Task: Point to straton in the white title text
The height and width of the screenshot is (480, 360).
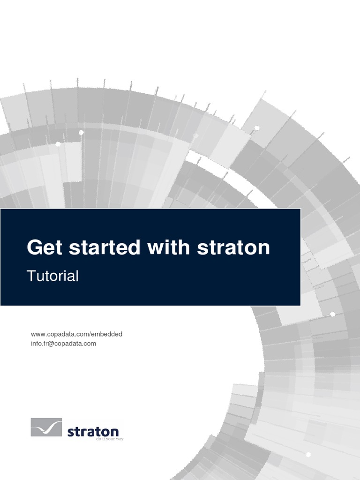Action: (x=233, y=247)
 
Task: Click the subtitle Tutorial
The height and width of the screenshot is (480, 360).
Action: (x=52, y=276)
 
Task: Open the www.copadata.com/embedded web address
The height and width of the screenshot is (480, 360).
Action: (x=76, y=334)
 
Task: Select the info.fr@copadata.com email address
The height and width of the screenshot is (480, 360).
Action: (x=63, y=343)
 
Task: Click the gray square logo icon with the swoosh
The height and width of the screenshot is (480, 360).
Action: (x=46, y=427)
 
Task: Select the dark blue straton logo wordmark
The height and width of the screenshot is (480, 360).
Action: (x=93, y=431)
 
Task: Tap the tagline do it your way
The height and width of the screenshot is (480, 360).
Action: (x=109, y=440)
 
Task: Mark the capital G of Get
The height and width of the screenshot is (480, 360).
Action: (x=34, y=247)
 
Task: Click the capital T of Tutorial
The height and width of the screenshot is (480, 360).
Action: (x=31, y=276)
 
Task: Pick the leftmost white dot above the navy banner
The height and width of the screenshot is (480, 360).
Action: (x=58, y=144)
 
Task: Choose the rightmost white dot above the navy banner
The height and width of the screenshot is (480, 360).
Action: (x=256, y=127)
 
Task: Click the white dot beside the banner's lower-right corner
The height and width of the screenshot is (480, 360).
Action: (x=332, y=314)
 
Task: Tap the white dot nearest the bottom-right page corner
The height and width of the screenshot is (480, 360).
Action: (x=308, y=454)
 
